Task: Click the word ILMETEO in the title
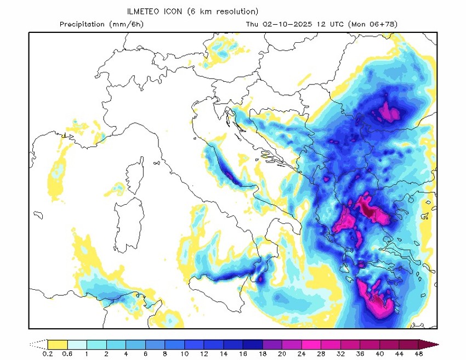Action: click(143, 11)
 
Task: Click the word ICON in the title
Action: click(175, 11)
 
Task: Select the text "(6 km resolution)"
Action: click(223, 11)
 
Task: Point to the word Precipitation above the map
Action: click(82, 24)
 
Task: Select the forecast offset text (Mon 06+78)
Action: click(373, 24)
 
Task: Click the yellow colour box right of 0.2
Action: click(58, 345)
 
